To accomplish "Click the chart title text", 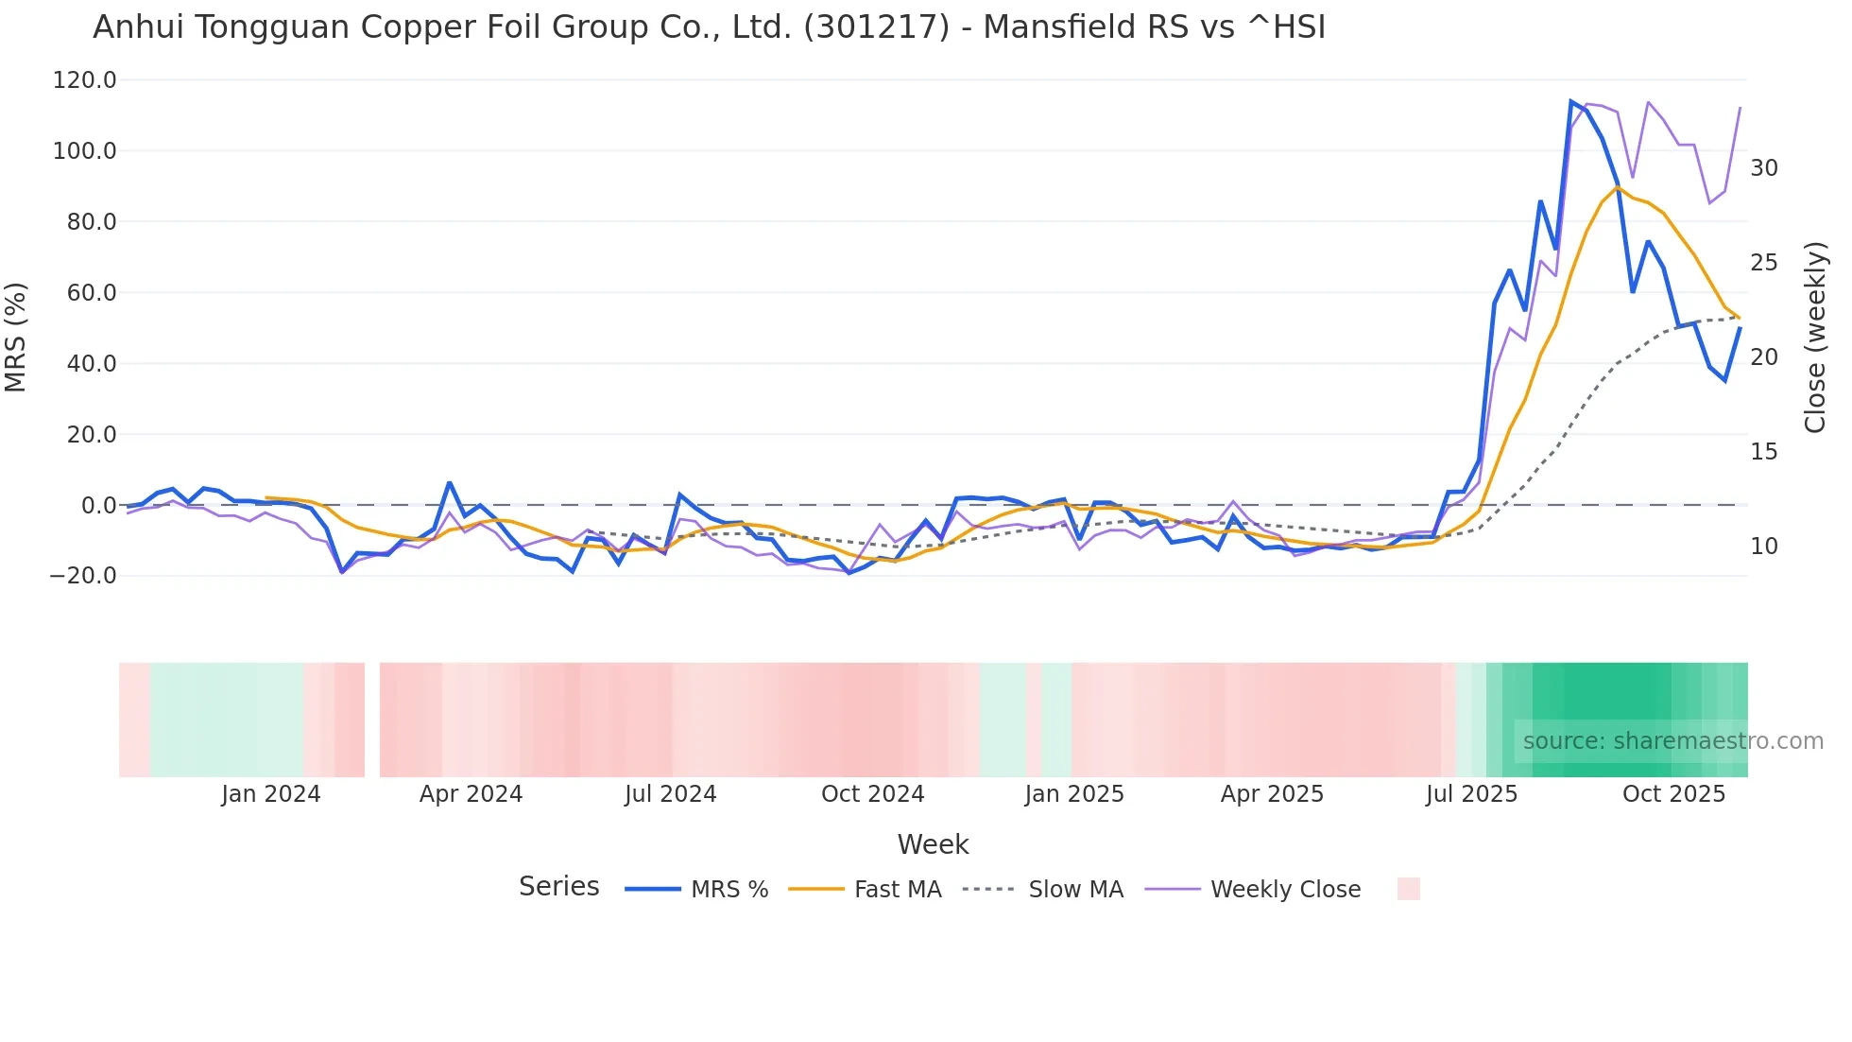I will click(709, 26).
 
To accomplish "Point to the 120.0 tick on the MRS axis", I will click(85, 80).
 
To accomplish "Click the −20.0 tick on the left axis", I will click(82, 576).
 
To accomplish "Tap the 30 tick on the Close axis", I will click(1763, 168).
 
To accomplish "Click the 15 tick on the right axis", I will click(1763, 452).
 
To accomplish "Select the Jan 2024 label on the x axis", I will click(271, 794).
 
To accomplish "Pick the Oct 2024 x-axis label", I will click(872, 794).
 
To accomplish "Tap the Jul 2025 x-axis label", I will click(1471, 794).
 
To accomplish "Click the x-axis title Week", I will click(933, 844).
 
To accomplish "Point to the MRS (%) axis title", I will click(16, 338).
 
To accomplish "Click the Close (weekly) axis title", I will click(1815, 338).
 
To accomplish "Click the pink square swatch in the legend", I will click(1408, 889).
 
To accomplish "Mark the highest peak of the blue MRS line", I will click(1570, 101).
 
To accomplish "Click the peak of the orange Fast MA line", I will click(1617, 187).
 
